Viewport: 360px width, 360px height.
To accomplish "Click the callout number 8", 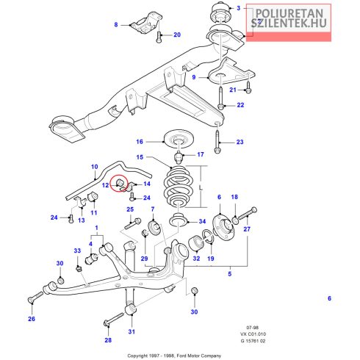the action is tap(116, 25).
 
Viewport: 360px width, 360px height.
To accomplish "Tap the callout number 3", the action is tap(239, 8).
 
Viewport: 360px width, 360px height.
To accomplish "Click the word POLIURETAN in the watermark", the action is tap(289, 13).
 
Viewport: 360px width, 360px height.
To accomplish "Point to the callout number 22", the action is tap(240, 105).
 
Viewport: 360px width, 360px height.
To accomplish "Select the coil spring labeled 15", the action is tap(179, 186).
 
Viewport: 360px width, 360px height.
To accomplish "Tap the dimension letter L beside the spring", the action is tap(201, 188).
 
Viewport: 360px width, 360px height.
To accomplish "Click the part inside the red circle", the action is tap(120, 182).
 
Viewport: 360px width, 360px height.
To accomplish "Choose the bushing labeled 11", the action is tap(93, 196).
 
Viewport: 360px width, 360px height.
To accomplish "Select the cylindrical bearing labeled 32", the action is tap(196, 244).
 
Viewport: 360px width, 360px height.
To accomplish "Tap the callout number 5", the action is tap(230, 274).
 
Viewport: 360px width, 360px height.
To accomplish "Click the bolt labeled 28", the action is tap(114, 319).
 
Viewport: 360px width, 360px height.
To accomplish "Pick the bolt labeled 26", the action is tap(36, 296).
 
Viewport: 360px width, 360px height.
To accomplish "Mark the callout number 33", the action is tap(77, 251).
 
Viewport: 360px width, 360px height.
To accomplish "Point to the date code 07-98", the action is tap(252, 328).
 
